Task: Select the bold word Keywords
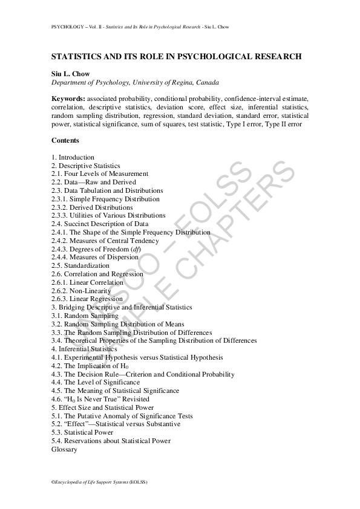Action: pos(68,99)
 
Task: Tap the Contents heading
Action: pos(65,140)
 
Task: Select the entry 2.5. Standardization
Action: pos(80,265)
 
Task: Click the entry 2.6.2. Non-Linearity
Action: pos(81,291)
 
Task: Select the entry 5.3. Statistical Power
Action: pos(82,433)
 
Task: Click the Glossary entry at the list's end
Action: pos(64,450)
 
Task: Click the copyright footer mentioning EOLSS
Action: pos(99,482)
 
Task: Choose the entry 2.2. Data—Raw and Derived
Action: pos(94,182)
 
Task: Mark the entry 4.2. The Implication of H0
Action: pos(90,366)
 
